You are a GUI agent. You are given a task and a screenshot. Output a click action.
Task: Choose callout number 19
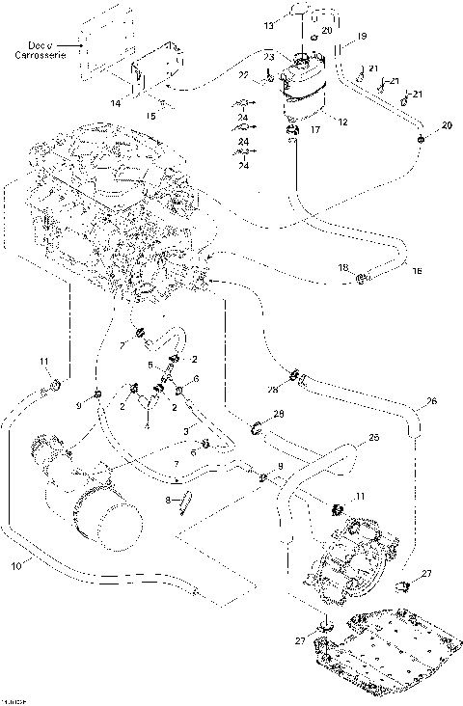pyautogui.click(x=362, y=36)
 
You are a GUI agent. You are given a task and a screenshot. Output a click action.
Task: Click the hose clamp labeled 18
pyautogui.click(x=361, y=280)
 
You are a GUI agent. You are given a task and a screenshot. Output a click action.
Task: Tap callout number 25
pyautogui.click(x=374, y=437)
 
